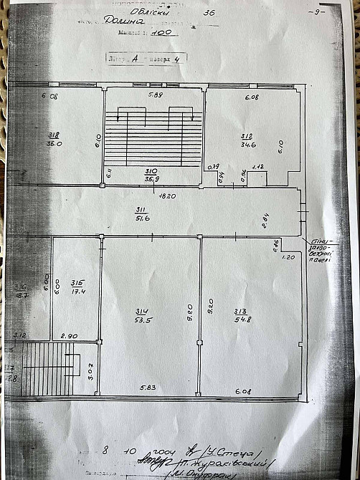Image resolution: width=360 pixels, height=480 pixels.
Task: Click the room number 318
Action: (54, 135)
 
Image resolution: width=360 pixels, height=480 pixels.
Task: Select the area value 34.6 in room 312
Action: (247, 145)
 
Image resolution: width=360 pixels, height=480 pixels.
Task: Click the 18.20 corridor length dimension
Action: (148, 194)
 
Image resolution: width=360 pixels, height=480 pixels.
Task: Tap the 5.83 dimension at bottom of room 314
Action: (149, 388)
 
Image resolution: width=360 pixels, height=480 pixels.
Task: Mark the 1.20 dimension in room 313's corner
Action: (289, 256)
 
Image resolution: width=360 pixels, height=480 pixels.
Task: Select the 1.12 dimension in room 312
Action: (260, 167)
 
